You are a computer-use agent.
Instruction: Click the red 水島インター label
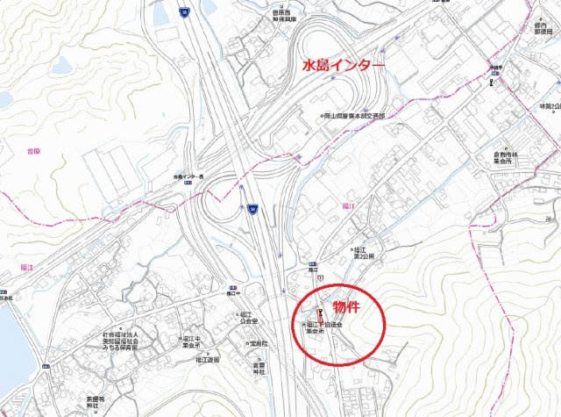[343, 65]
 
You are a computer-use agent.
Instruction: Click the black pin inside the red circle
[323, 313]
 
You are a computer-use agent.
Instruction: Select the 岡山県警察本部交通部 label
[355, 115]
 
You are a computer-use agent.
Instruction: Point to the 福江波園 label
[209, 358]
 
